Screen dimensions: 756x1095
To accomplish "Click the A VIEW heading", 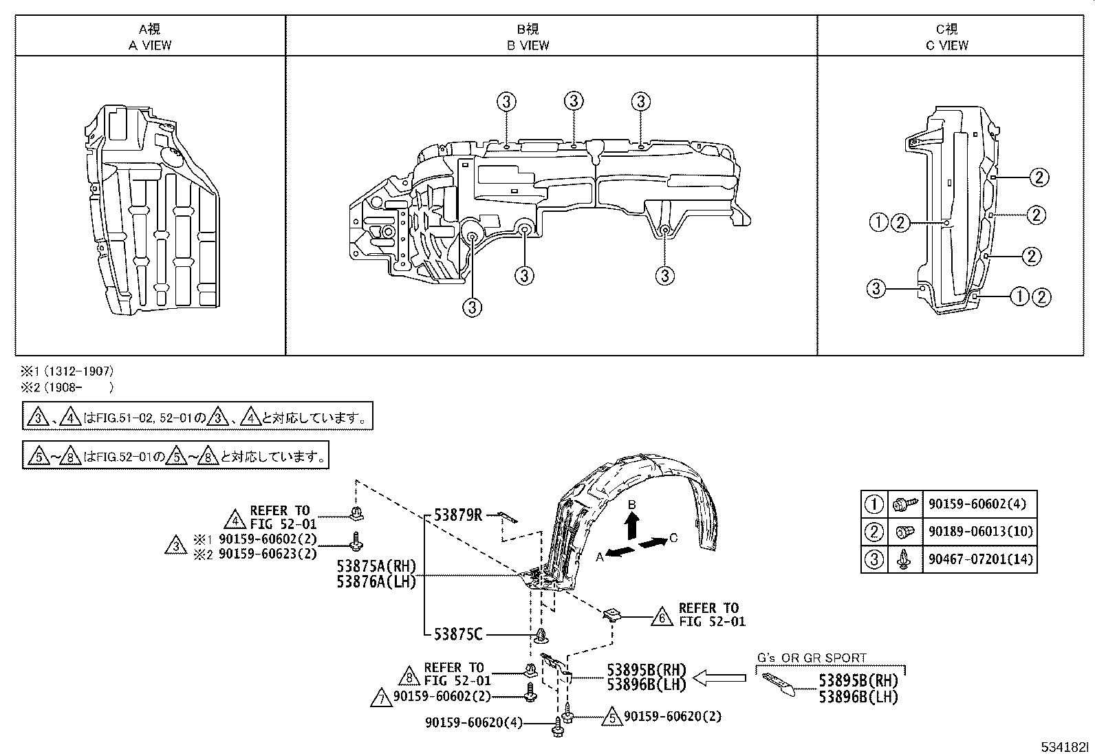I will point(151,45).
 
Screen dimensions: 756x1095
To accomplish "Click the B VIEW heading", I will point(528,45).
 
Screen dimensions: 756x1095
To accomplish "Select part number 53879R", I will point(457,515).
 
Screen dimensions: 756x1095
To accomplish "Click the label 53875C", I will point(457,634).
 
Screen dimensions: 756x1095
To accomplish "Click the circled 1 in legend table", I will point(874,504).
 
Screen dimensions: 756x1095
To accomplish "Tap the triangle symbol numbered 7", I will point(380,698).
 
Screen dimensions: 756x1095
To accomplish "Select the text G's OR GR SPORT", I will point(812,658).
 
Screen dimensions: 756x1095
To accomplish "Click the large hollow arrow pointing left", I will point(719,678).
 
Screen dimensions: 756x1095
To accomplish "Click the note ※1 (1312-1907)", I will point(68,371).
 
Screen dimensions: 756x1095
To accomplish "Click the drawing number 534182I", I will point(1065,746).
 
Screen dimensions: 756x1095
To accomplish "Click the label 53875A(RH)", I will point(376,566).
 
